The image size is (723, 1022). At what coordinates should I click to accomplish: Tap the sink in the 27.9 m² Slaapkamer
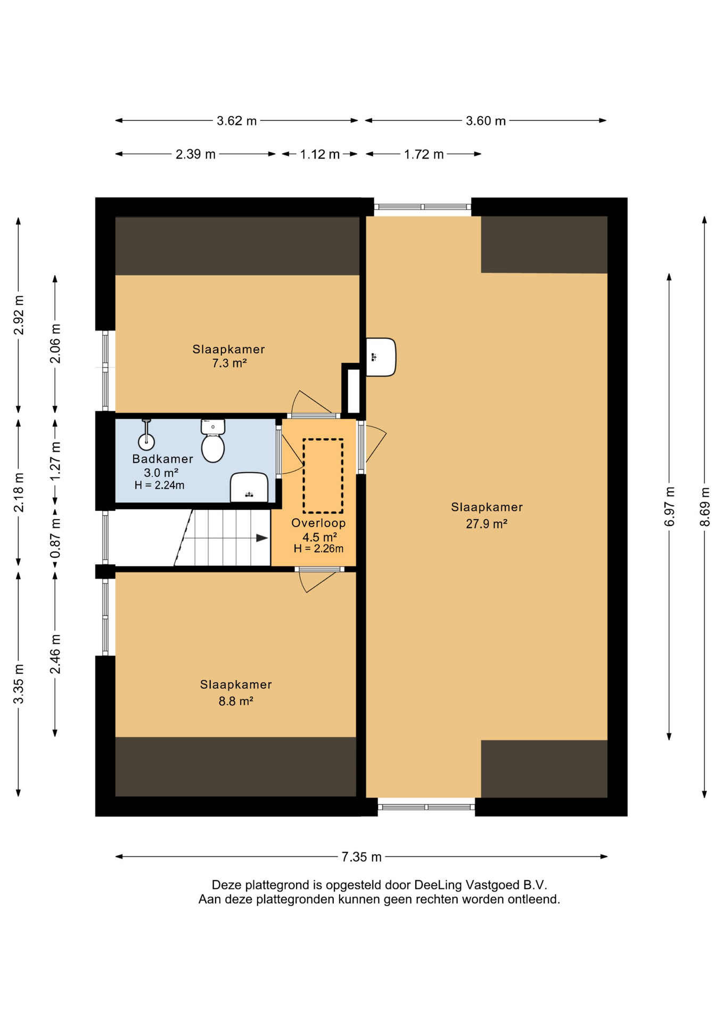(x=381, y=357)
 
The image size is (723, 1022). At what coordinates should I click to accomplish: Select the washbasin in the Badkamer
(x=249, y=487)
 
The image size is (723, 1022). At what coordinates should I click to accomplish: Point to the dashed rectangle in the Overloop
(x=323, y=475)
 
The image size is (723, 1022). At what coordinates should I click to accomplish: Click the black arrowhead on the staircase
(x=262, y=538)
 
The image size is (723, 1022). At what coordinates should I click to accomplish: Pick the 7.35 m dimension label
(x=361, y=856)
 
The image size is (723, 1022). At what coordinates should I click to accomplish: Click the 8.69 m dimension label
(x=704, y=507)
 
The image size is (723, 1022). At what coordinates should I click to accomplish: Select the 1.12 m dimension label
(x=319, y=154)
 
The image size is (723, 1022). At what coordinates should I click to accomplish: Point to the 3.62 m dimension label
(x=236, y=121)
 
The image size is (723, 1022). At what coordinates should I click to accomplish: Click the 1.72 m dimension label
(x=423, y=154)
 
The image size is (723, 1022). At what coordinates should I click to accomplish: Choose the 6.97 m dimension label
(x=669, y=506)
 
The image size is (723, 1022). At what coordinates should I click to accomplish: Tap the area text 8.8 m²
(x=236, y=701)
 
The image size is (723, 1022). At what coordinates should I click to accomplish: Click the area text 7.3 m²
(x=229, y=363)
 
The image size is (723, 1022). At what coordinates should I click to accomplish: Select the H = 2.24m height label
(x=159, y=485)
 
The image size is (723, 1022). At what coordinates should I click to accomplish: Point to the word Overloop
(x=318, y=523)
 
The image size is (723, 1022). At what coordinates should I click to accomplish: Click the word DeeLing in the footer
(x=438, y=885)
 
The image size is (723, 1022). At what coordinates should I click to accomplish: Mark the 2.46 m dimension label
(x=55, y=654)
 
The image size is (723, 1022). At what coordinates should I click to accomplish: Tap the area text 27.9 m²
(x=487, y=524)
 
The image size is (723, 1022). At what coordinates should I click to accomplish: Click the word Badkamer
(x=162, y=459)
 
